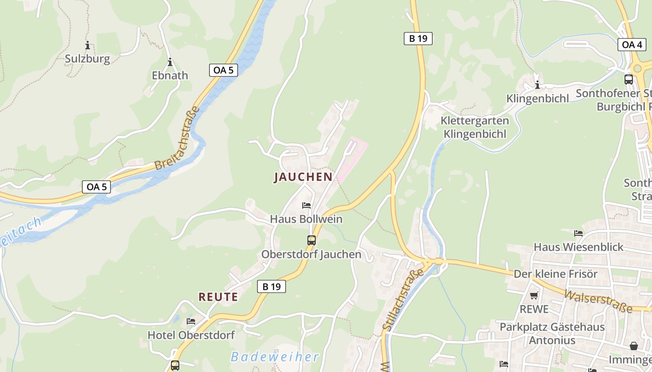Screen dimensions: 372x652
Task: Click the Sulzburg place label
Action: point(87,59)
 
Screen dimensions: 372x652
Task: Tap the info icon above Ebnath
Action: point(170,62)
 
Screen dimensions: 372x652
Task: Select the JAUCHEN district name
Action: point(303,177)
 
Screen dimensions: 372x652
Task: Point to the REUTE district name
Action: point(218,297)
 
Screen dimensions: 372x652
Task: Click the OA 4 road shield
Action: point(632,45)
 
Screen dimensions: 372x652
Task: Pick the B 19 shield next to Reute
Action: point(272,286)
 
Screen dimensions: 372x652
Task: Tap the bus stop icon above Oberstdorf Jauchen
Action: point(312,240)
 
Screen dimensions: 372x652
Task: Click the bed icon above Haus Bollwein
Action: point(306,205)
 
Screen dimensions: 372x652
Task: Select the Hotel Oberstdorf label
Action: point(191,335)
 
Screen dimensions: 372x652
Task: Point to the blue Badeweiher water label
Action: point(275,357)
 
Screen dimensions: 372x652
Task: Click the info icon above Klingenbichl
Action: point(537,85)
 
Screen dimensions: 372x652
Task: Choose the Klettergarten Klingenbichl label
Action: point(475,127)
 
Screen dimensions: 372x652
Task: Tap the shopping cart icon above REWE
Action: point(534,295)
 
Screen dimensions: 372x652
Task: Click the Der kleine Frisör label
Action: point(555,274)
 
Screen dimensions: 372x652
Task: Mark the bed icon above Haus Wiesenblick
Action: point(578,233)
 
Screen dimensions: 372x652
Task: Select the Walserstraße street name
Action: point(598,301)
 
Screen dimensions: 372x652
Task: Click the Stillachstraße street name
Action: point(403,299)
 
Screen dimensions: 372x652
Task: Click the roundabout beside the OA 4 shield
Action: point(638,68)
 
